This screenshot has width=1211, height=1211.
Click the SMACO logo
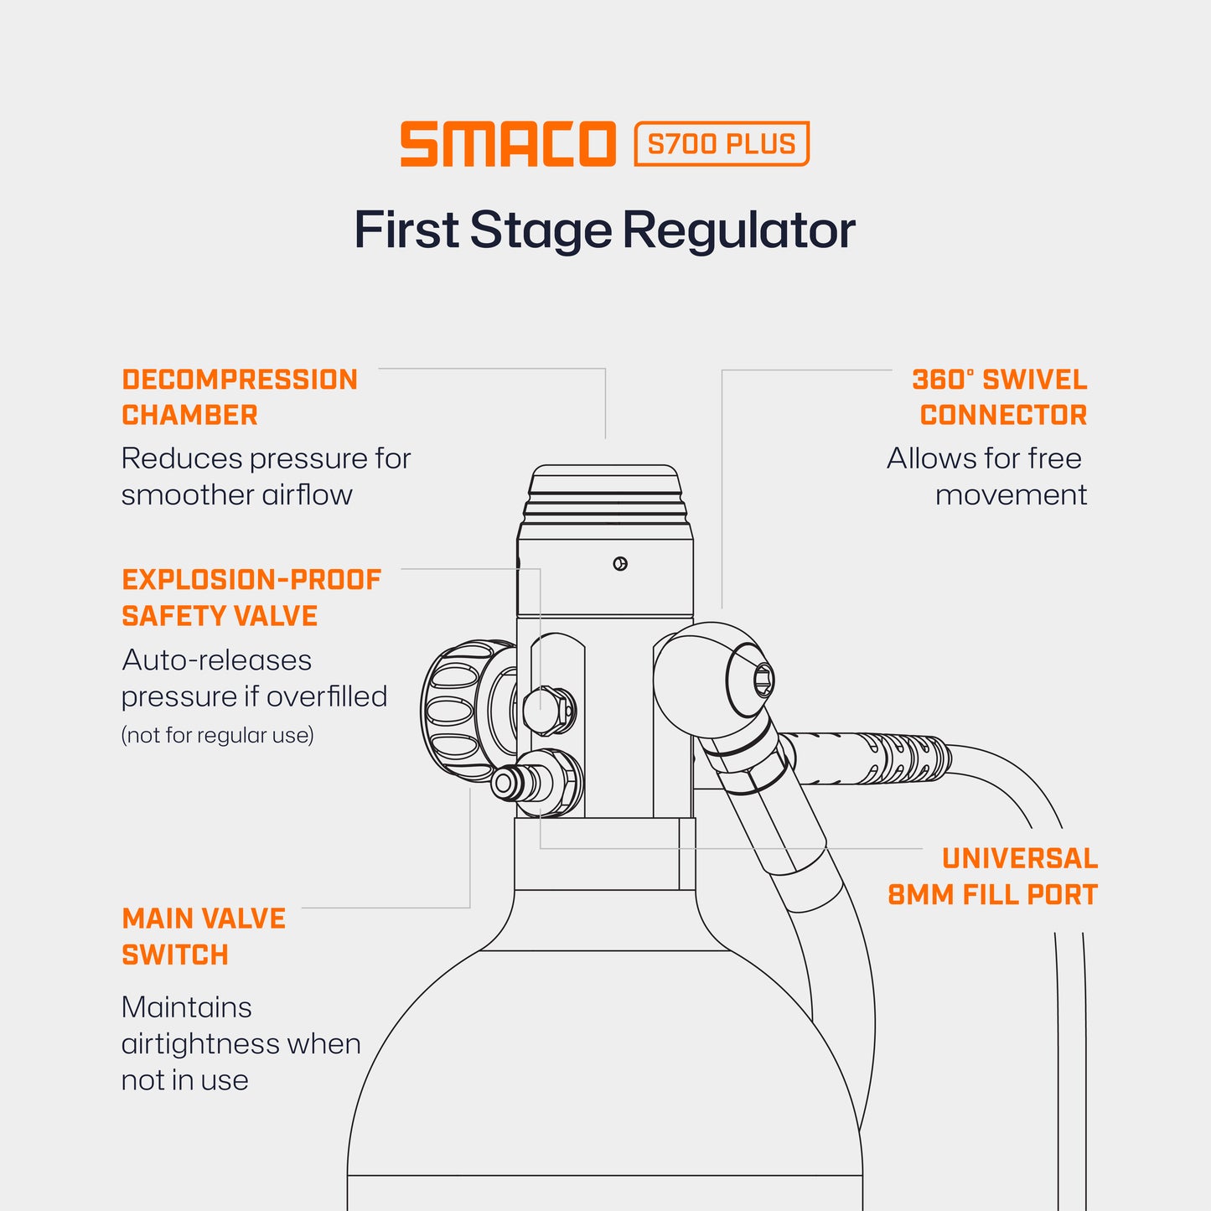point(508,144)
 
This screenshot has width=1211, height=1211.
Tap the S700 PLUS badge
point(722,144)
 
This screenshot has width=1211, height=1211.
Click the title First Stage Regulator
point(604,230)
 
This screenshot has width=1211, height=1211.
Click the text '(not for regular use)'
point(218,735)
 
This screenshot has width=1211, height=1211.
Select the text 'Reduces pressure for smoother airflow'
point(266,476)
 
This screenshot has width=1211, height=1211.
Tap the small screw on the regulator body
point(620,564)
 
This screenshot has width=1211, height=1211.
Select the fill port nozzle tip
point(504,784)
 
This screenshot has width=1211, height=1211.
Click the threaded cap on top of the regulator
point(605,494)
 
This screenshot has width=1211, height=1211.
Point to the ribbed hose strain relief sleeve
point(872,758)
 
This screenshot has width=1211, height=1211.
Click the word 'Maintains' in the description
point(186,1007)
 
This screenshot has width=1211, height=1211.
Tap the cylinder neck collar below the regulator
point(604,853)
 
